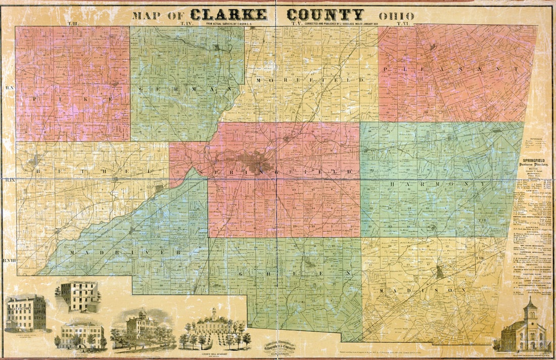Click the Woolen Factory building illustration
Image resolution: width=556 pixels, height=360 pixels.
point(25,313)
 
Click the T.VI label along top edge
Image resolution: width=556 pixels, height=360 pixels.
point(403,23)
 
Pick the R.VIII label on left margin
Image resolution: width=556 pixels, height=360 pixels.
point(9,260)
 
